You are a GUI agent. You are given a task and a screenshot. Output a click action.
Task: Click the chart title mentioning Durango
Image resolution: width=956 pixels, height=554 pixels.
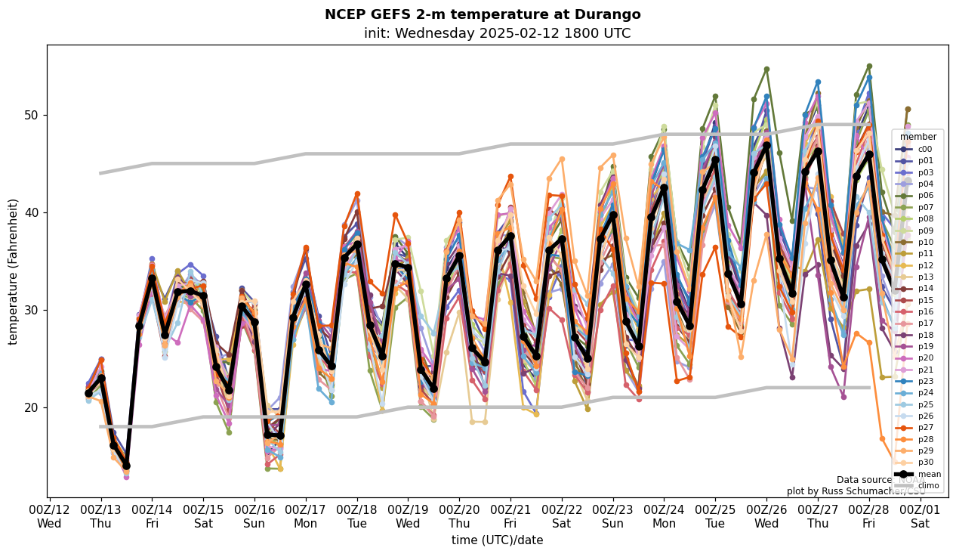coord(483,14)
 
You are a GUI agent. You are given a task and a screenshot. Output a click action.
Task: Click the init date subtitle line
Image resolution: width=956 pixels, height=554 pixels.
coord(497,33)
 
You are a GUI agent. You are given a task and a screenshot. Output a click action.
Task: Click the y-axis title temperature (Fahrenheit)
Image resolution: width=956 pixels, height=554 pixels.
coord(14,271)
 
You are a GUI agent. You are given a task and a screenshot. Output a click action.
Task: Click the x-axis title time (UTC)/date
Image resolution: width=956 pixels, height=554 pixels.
coord(497,540)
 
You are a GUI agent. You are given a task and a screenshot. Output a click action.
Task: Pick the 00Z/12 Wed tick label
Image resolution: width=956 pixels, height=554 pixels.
coord(49,515)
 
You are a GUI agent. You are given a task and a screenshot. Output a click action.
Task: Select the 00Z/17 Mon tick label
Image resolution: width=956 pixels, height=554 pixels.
coord(305,515)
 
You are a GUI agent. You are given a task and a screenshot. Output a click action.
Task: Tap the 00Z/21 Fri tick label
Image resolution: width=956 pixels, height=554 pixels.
coord(510,515)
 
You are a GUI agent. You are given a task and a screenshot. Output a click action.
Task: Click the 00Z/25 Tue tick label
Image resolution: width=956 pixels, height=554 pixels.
coord(715,515)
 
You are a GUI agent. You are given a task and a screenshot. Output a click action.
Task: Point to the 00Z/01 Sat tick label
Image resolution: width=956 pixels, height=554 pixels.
coord(920,515)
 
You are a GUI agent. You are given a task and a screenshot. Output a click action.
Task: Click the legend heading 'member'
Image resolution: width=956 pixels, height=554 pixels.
coord(918,137)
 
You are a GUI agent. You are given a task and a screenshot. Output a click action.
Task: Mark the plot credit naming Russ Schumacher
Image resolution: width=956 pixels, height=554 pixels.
coord(856,491)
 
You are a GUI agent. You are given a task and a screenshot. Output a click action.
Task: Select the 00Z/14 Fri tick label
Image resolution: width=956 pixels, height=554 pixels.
coord(152,515)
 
